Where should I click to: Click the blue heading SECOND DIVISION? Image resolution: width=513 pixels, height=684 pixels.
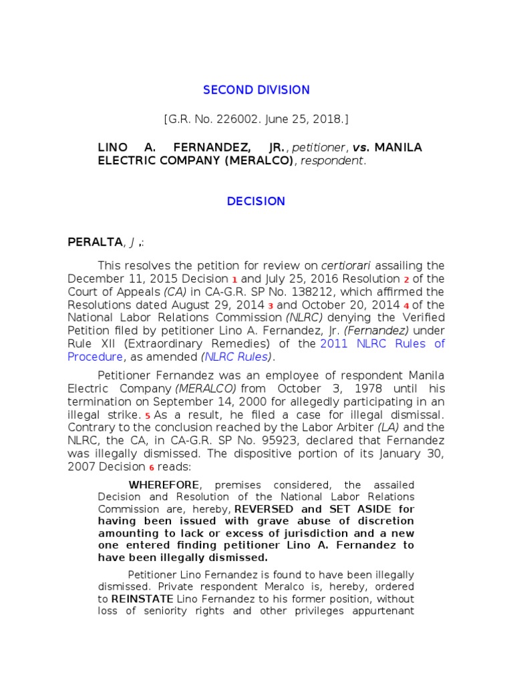(256, 90)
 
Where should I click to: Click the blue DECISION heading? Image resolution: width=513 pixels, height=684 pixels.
(256, 201)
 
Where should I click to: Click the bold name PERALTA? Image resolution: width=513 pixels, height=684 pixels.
(121, 241)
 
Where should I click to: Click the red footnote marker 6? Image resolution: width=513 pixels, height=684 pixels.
(151, 468)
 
